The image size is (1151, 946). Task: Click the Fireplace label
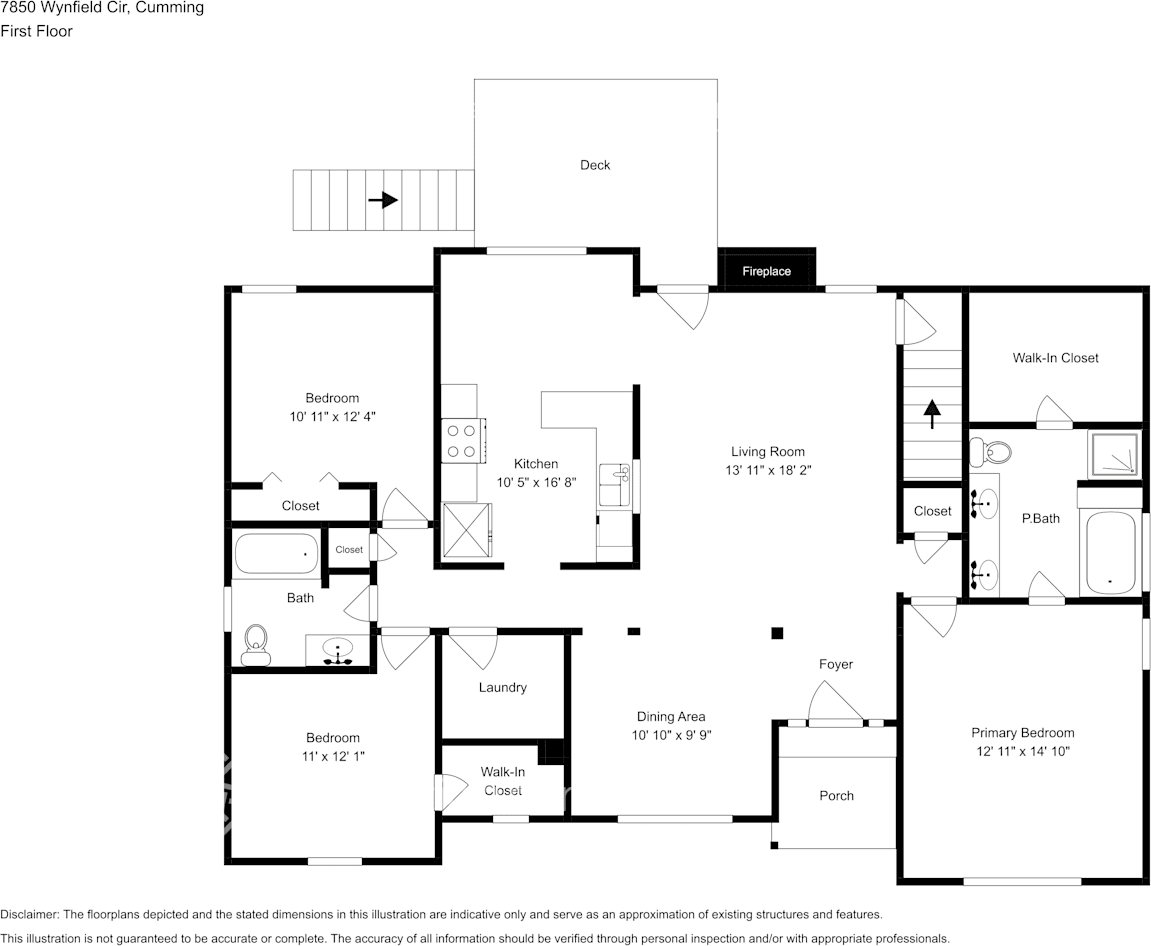pos(766,271)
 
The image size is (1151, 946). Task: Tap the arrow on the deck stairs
pos(383,200)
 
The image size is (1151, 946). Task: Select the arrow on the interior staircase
pos(932,413)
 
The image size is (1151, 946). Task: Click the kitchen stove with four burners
pos(460,441)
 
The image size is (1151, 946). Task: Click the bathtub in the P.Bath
pos(1110,553)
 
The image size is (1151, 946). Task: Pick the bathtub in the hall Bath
pos(276,554)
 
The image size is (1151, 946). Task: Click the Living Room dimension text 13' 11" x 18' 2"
pos(767,470)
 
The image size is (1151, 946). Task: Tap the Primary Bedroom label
pos(1022,733)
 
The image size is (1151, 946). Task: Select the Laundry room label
pos(502,687)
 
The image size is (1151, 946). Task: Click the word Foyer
pos(836,664)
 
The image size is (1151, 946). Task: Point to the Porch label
pos(836,796)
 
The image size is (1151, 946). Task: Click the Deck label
pos(595,165)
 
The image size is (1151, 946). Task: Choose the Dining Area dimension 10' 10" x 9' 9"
pos(670,735)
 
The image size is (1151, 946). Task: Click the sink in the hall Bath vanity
pos(339,650)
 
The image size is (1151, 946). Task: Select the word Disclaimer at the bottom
pos(29,914)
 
